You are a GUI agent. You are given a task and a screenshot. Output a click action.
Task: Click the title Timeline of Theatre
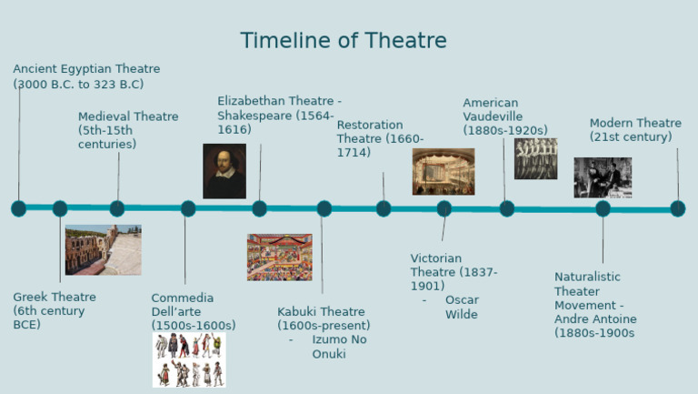point(344,41)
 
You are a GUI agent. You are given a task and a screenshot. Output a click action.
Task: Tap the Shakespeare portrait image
point(224,171)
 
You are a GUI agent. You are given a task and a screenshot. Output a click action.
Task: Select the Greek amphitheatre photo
point(103,249)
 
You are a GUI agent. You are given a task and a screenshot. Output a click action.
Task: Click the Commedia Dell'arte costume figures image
point(189,359)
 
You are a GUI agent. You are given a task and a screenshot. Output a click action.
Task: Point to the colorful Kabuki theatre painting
point(279,257)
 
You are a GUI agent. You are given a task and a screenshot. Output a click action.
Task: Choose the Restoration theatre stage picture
point(443,172)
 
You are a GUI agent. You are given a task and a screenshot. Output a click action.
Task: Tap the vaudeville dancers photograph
point(535,158)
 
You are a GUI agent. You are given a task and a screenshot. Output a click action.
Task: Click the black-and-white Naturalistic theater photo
point(602,177)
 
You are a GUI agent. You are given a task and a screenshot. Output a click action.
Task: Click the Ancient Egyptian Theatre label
point(85,76)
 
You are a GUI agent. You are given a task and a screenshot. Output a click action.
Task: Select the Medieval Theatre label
point(127,130)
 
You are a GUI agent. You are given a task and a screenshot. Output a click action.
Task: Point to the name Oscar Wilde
point(462,308)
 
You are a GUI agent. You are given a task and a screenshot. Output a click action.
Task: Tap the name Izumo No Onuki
point(339,347)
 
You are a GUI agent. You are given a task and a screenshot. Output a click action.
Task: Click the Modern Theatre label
point(634,130)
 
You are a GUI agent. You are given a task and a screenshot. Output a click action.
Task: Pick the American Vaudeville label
point(504,116)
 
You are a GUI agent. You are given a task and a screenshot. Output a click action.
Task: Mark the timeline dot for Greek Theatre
point(60,208)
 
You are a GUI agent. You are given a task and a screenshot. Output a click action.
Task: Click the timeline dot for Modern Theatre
point(677,208)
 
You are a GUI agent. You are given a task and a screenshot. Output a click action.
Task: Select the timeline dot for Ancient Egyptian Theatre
point(18,208)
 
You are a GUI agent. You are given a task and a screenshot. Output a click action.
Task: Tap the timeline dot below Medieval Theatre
point(117,208)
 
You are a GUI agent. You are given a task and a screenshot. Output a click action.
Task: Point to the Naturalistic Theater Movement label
point(595,305)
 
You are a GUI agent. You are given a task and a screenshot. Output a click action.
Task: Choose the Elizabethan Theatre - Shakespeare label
point(278,115)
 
